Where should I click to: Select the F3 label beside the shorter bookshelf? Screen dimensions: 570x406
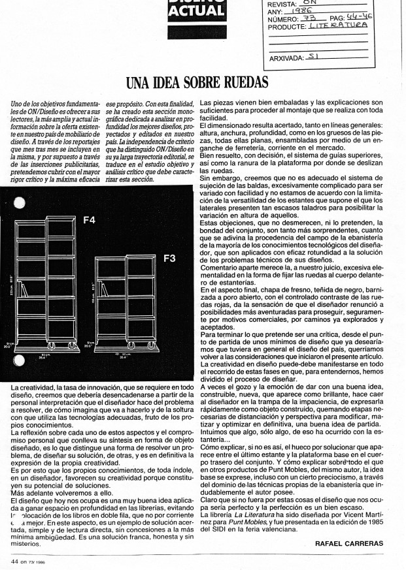(169, 259)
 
